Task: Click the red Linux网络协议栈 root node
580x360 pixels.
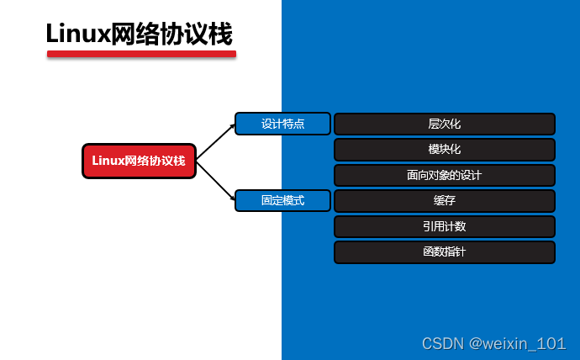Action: click(139, 161)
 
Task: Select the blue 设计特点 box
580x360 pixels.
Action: click(282, 124)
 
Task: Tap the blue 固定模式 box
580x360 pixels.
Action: click(282, 201)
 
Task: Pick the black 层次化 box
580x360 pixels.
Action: click(444, 124)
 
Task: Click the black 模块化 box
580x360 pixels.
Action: click(444, 150)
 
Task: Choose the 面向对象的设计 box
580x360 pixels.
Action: click(444, 176)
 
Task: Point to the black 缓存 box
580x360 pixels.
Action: click(444, 201)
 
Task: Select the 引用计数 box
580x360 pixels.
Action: click(444, 226)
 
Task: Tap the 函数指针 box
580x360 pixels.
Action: click(444, 252)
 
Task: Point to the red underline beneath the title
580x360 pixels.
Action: click(141, 54)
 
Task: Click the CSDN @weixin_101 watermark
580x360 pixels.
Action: click(493, 343)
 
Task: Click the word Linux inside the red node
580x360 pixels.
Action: click(108, 161)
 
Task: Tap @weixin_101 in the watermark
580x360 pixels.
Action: click(517, 343)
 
